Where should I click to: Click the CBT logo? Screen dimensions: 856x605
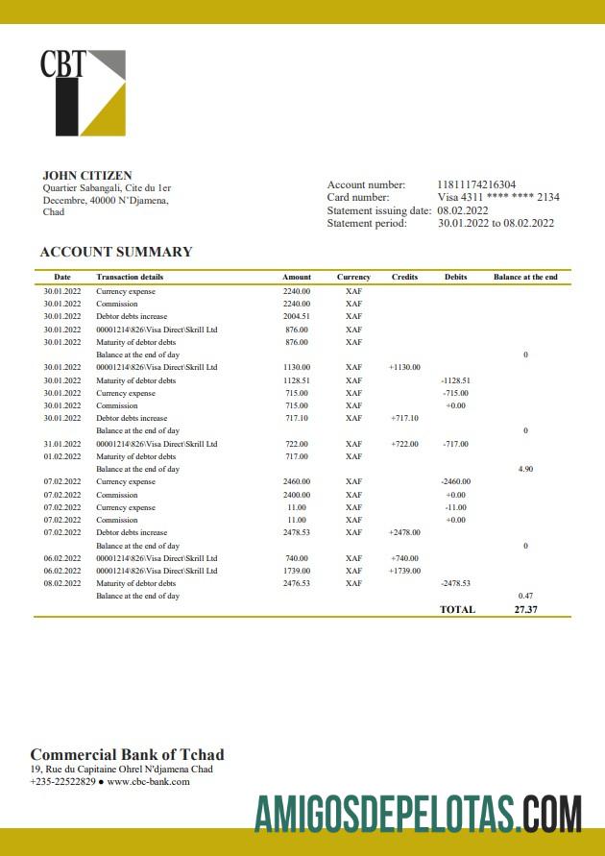pos(83,92)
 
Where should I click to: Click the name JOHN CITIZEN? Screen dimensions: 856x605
pos(87,176)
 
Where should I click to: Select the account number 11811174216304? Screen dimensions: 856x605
pos(476,184)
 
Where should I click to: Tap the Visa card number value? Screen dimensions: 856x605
pos(498,197)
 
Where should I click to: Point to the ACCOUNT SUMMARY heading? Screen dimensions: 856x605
pos(116,252)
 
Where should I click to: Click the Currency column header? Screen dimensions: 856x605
pos(353,277)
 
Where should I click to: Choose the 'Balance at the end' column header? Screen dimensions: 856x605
pos(525,277)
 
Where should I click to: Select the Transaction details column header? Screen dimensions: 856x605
pos(130,277)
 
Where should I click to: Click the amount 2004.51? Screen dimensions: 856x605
pos(297,316)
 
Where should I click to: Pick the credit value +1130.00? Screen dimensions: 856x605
pos(404,367)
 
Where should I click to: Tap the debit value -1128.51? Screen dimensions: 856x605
pos(455,380)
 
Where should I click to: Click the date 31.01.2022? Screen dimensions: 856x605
pos(62,444)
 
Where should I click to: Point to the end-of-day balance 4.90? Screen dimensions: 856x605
pos(525,469)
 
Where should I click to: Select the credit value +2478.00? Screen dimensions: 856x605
pos(404,532)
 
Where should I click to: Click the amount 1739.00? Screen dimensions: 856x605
pos(297,571)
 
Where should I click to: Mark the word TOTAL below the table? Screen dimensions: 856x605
pos(457,609)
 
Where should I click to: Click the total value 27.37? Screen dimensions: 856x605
pos(525,609)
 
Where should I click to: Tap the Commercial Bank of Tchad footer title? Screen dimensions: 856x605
pos(127,754)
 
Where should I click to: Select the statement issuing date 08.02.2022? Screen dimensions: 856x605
pos(463,210)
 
